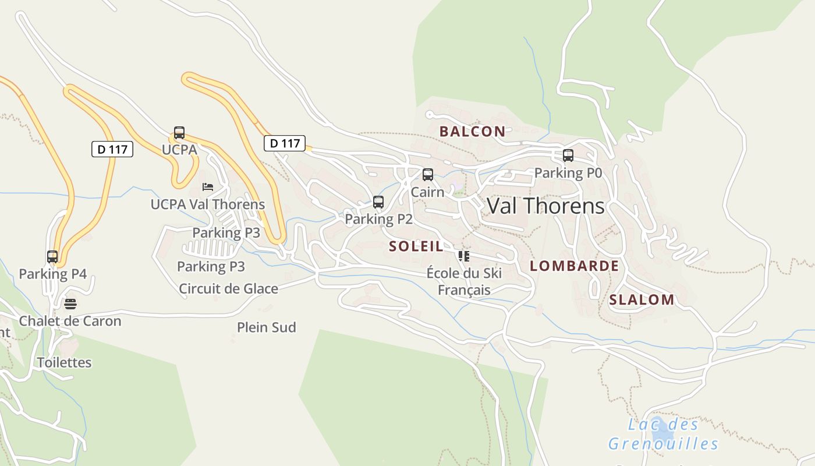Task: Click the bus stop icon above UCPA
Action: click(179, 133)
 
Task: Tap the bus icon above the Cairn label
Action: click(428, 174)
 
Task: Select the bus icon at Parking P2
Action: click(378, 202)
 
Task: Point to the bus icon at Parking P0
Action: click(568, 156)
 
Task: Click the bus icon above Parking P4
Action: click(52, 256)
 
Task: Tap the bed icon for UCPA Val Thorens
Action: click(208, 187)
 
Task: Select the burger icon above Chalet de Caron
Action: click(70, 303)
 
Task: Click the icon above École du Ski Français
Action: click(463, 256)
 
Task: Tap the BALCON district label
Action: click(472, 132)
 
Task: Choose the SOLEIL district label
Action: click(416, 246)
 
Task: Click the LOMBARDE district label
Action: click(574, 266)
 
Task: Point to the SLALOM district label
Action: click(642, 300)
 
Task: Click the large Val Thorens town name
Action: click(545, 206)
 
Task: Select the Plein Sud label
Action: click(267, 327)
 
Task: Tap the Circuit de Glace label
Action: click(228, 288)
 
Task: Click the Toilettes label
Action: click(65, 362)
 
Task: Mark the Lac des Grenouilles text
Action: click(664, 434)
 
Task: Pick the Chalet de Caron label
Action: click(70, 321)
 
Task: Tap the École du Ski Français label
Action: click(464, 281)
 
